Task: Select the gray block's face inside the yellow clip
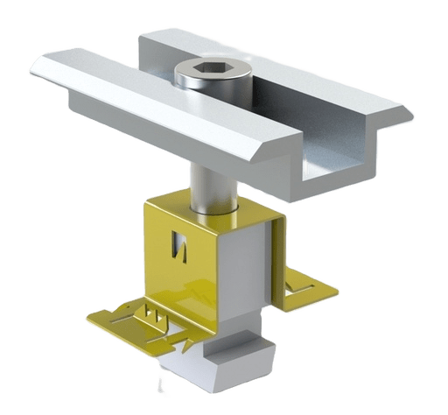click(x=245, y=280)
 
